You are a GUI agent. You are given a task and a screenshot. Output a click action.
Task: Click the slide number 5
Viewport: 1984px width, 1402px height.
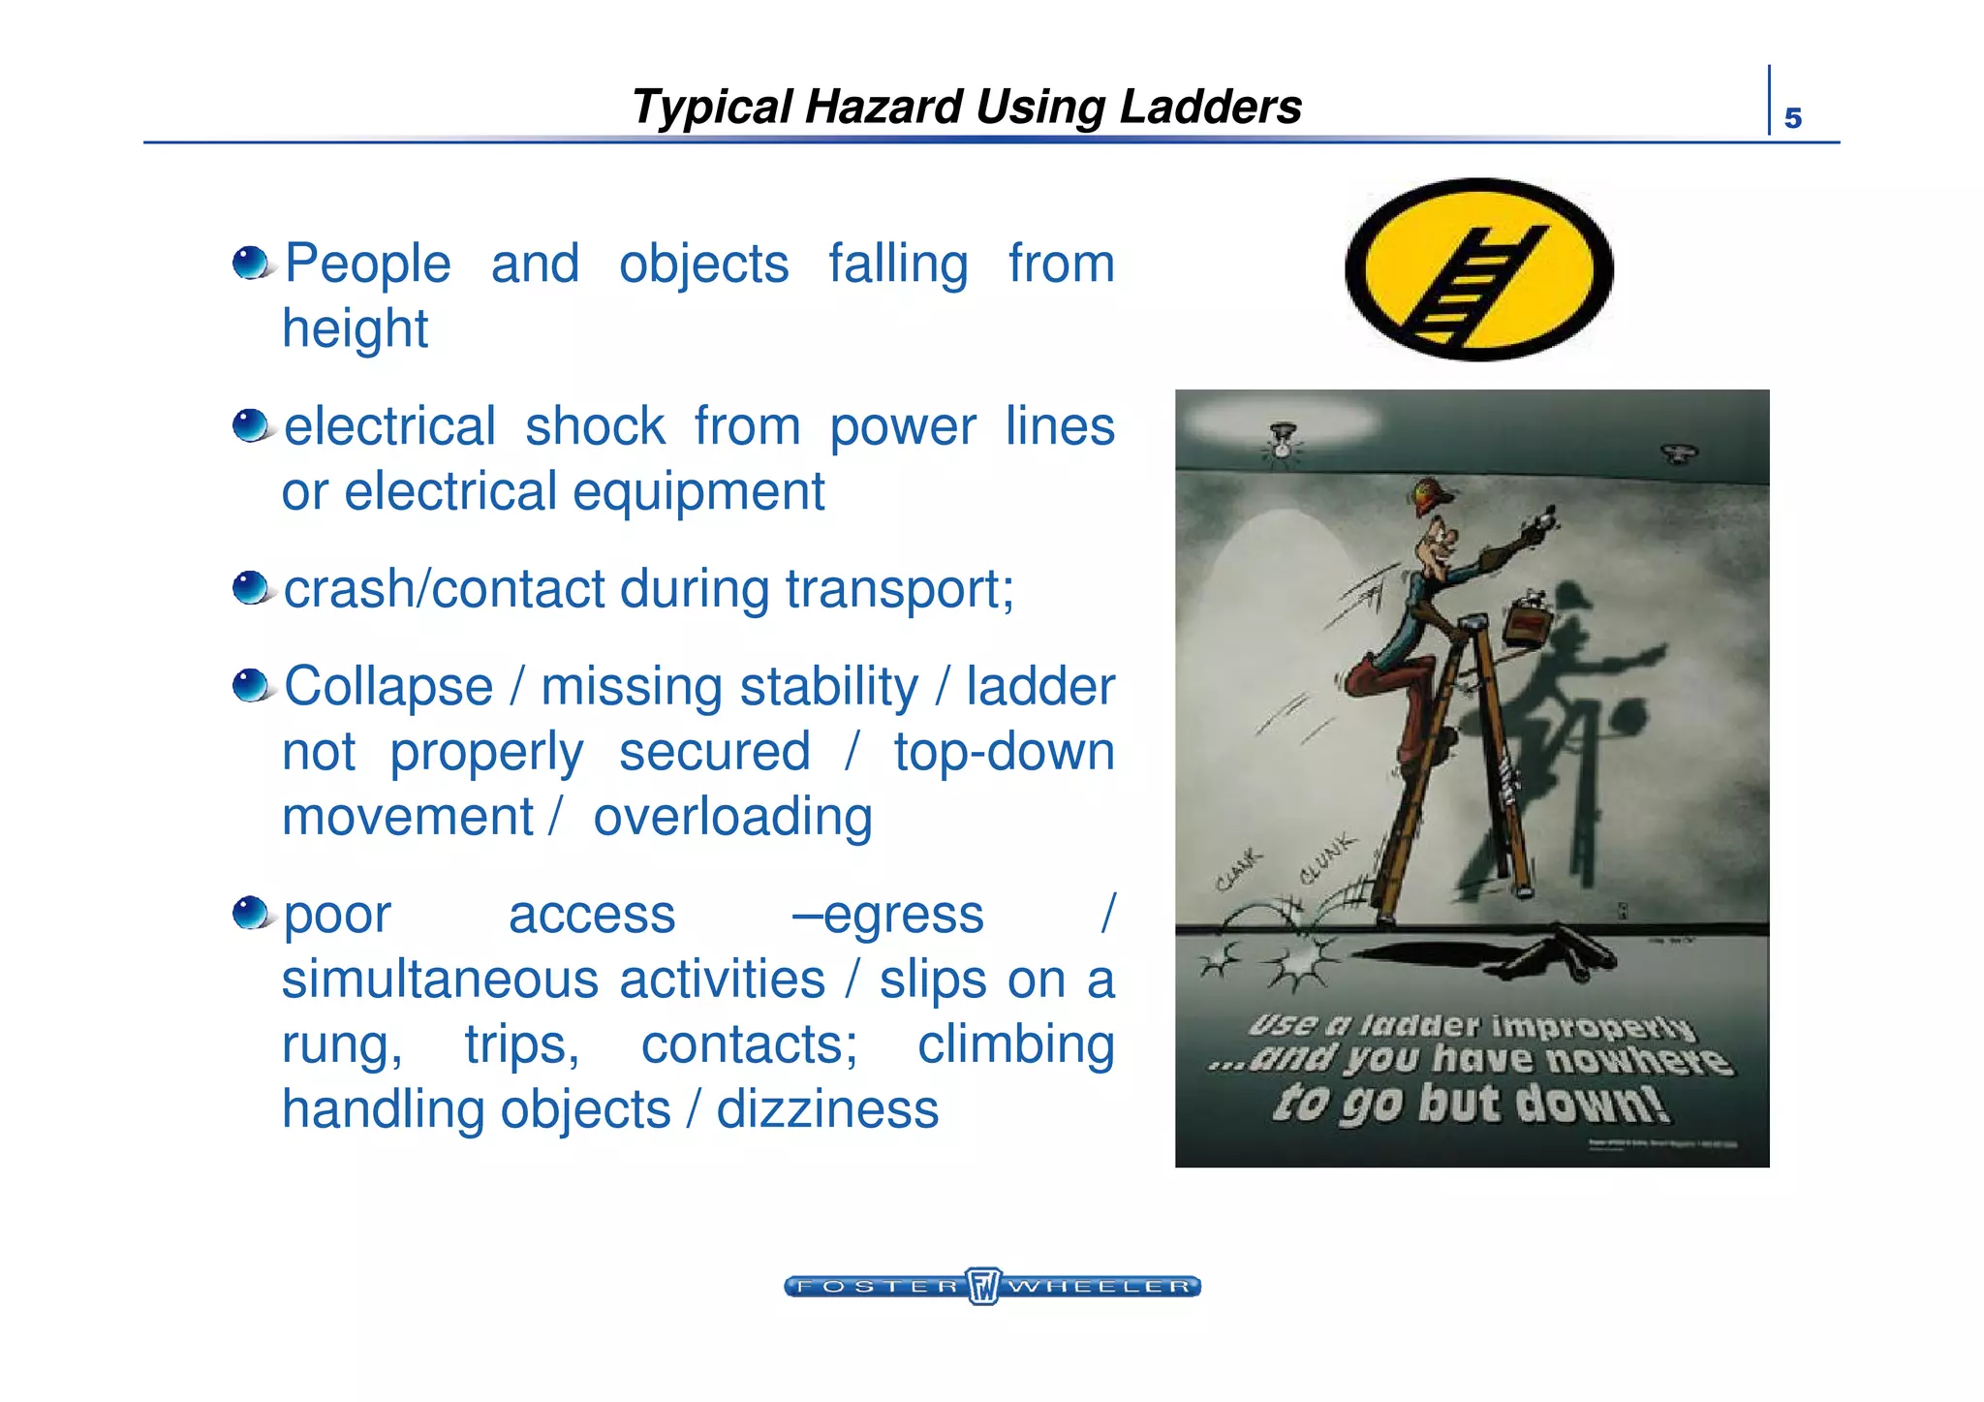(x=1792, y=118)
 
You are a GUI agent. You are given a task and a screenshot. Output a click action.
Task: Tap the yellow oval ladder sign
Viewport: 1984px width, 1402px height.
(x=1478, y=269)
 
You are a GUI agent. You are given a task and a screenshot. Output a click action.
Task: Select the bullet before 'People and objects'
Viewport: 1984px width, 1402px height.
(x=252, y=262)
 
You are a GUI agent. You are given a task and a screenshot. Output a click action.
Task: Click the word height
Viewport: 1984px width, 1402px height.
(x=355, y=328)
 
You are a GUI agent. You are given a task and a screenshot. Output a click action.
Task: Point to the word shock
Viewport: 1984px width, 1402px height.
(x=594, y=426)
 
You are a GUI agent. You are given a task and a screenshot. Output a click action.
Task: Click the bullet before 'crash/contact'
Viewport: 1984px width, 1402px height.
(x=252, y=587)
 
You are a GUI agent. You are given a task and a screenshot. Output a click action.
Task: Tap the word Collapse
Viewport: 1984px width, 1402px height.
(x=388, y=686)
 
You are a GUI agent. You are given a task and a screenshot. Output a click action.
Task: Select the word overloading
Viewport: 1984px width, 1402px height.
(x=732, y=816)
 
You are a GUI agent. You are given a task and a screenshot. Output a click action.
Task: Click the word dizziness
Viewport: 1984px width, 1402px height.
(x=827, y=1108)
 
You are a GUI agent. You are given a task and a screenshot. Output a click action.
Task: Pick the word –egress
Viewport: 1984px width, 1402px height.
(x=887, y=914)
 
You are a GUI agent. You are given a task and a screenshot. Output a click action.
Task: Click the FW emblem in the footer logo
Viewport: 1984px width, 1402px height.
(x=983, y=1286)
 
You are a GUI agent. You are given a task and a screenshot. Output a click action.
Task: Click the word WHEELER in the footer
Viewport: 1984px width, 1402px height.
(x=1099, y=1287)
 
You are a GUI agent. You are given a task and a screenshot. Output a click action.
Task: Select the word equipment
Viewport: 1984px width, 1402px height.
(x=698, y=491)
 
